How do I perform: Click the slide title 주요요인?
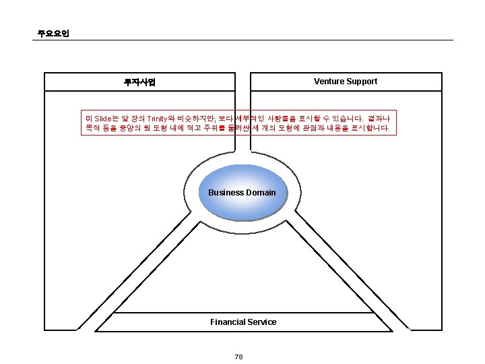pos(53,33)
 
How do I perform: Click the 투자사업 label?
pos(139,82)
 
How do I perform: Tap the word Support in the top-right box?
pos(362,82)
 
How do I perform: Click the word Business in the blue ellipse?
pos(226,193)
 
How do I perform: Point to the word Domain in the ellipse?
pos(261,193)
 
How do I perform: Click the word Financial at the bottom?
pos(228,322)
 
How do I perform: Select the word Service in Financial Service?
pos(263,322)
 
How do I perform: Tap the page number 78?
pos(238,357)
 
